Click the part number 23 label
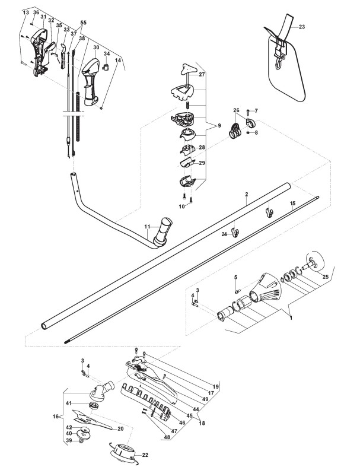click(x=302, y=27)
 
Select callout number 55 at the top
click(x=84, y=23)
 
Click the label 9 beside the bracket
click(x=219, y=126)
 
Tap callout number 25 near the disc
click(x=326, y=277)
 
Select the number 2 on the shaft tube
click(x=247, y=194)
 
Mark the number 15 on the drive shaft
click(x=293, y=204)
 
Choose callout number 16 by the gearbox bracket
click(x=56, y=417)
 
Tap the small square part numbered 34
click(x=106, y=66)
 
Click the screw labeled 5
click(x=237, y=291)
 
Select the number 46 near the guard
click(x=182, y=422)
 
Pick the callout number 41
click(x=69, y=404)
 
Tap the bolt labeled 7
click(x=248, y=112)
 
